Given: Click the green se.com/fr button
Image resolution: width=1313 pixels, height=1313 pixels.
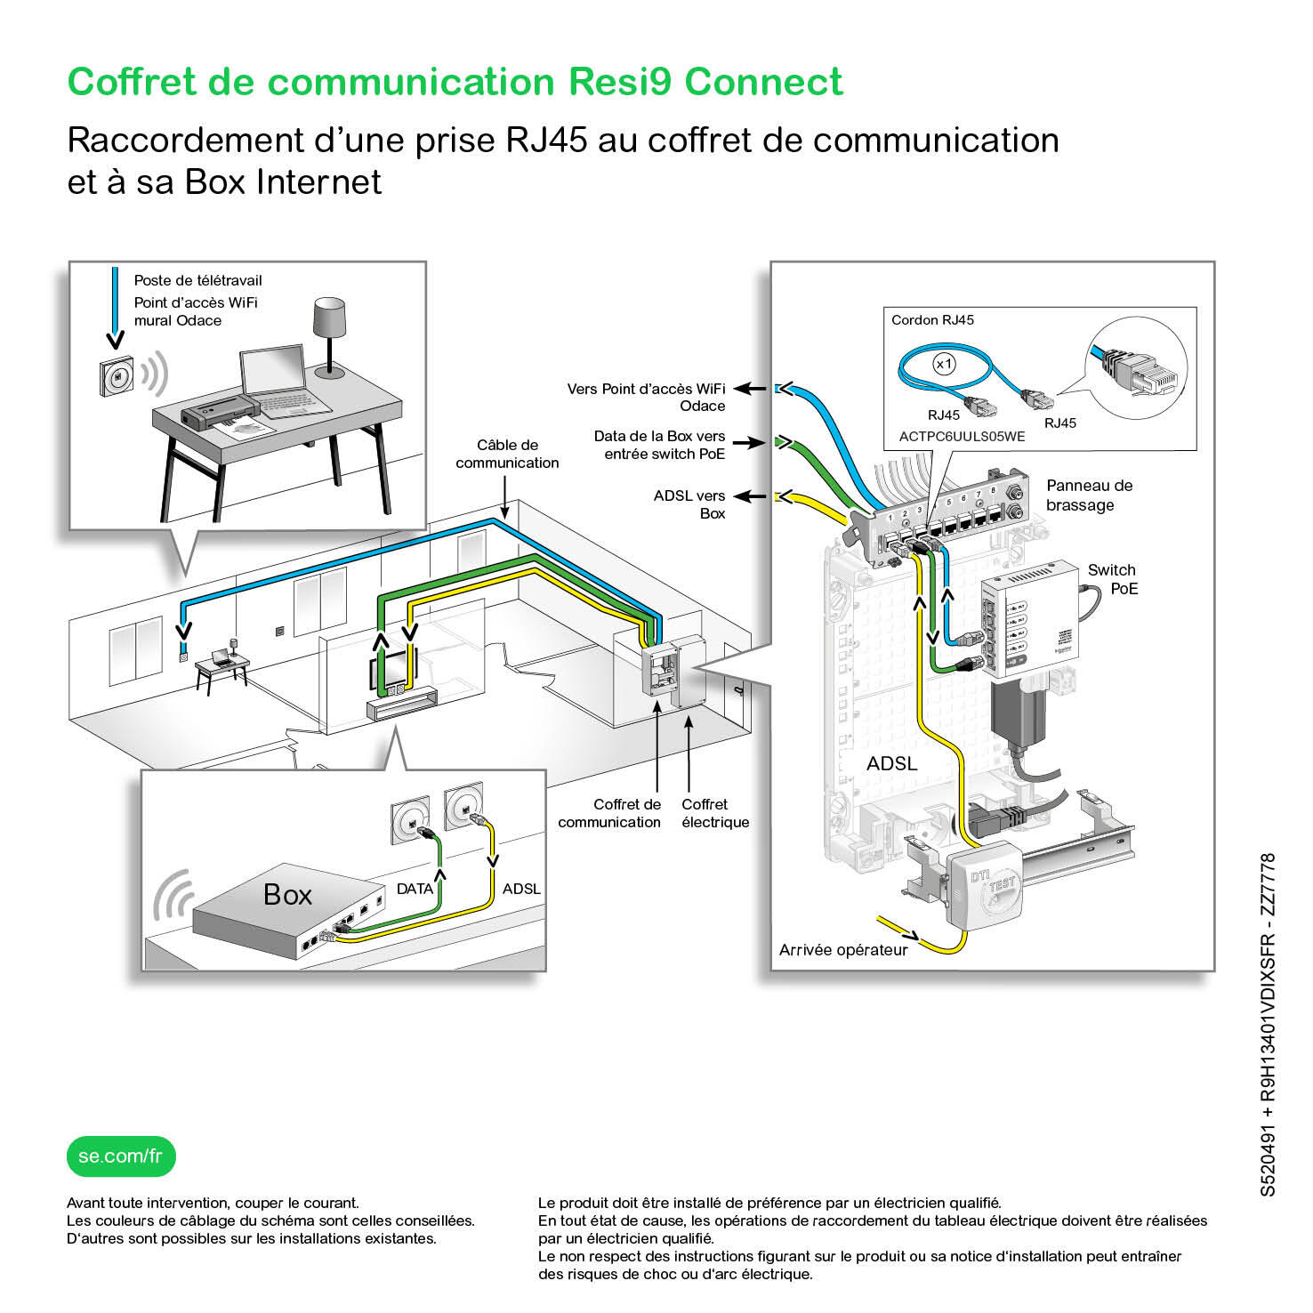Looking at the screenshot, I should pyautogui.click(x=121, y=1156).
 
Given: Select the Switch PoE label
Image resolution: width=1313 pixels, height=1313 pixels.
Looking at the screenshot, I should pyautogui.click(x=1112, y=579).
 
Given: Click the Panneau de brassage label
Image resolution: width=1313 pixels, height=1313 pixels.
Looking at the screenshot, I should pyautogui.click(x=1089, y=495).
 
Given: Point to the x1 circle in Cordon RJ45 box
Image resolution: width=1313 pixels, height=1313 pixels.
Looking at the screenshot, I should pyautogui.click(x=944, y=364).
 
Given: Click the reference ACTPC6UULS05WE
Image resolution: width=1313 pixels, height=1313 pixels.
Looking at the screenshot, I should pyautogui.click(x=962, y=437).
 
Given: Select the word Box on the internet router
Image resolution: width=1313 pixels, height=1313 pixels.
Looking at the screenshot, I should pyautogui.click(x=287, y=894).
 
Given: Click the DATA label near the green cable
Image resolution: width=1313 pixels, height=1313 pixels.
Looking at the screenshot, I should pyautogui.click(x=415, y=889).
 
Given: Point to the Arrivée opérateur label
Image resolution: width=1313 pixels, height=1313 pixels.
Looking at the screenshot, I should pyautogui.click(x=843, y=950).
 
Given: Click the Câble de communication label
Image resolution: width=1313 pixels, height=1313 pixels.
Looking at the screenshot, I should pyautogui.click(x=507, y=454).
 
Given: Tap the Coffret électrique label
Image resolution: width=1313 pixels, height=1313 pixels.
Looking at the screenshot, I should pyautogui.click(x=714, y=813).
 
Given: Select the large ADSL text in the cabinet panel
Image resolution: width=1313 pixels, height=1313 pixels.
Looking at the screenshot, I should pyautogui.click(x=891, y=763).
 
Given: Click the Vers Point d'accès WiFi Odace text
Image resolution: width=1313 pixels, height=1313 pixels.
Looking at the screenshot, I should pyautogui.click(x=647, y=397).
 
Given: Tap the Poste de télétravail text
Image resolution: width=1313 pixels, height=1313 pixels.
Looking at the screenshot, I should pyautogui.click(x=197, y=280).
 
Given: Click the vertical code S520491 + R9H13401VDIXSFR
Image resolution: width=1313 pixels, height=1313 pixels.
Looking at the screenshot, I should pyautogui.click(x=1269, y=1023).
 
